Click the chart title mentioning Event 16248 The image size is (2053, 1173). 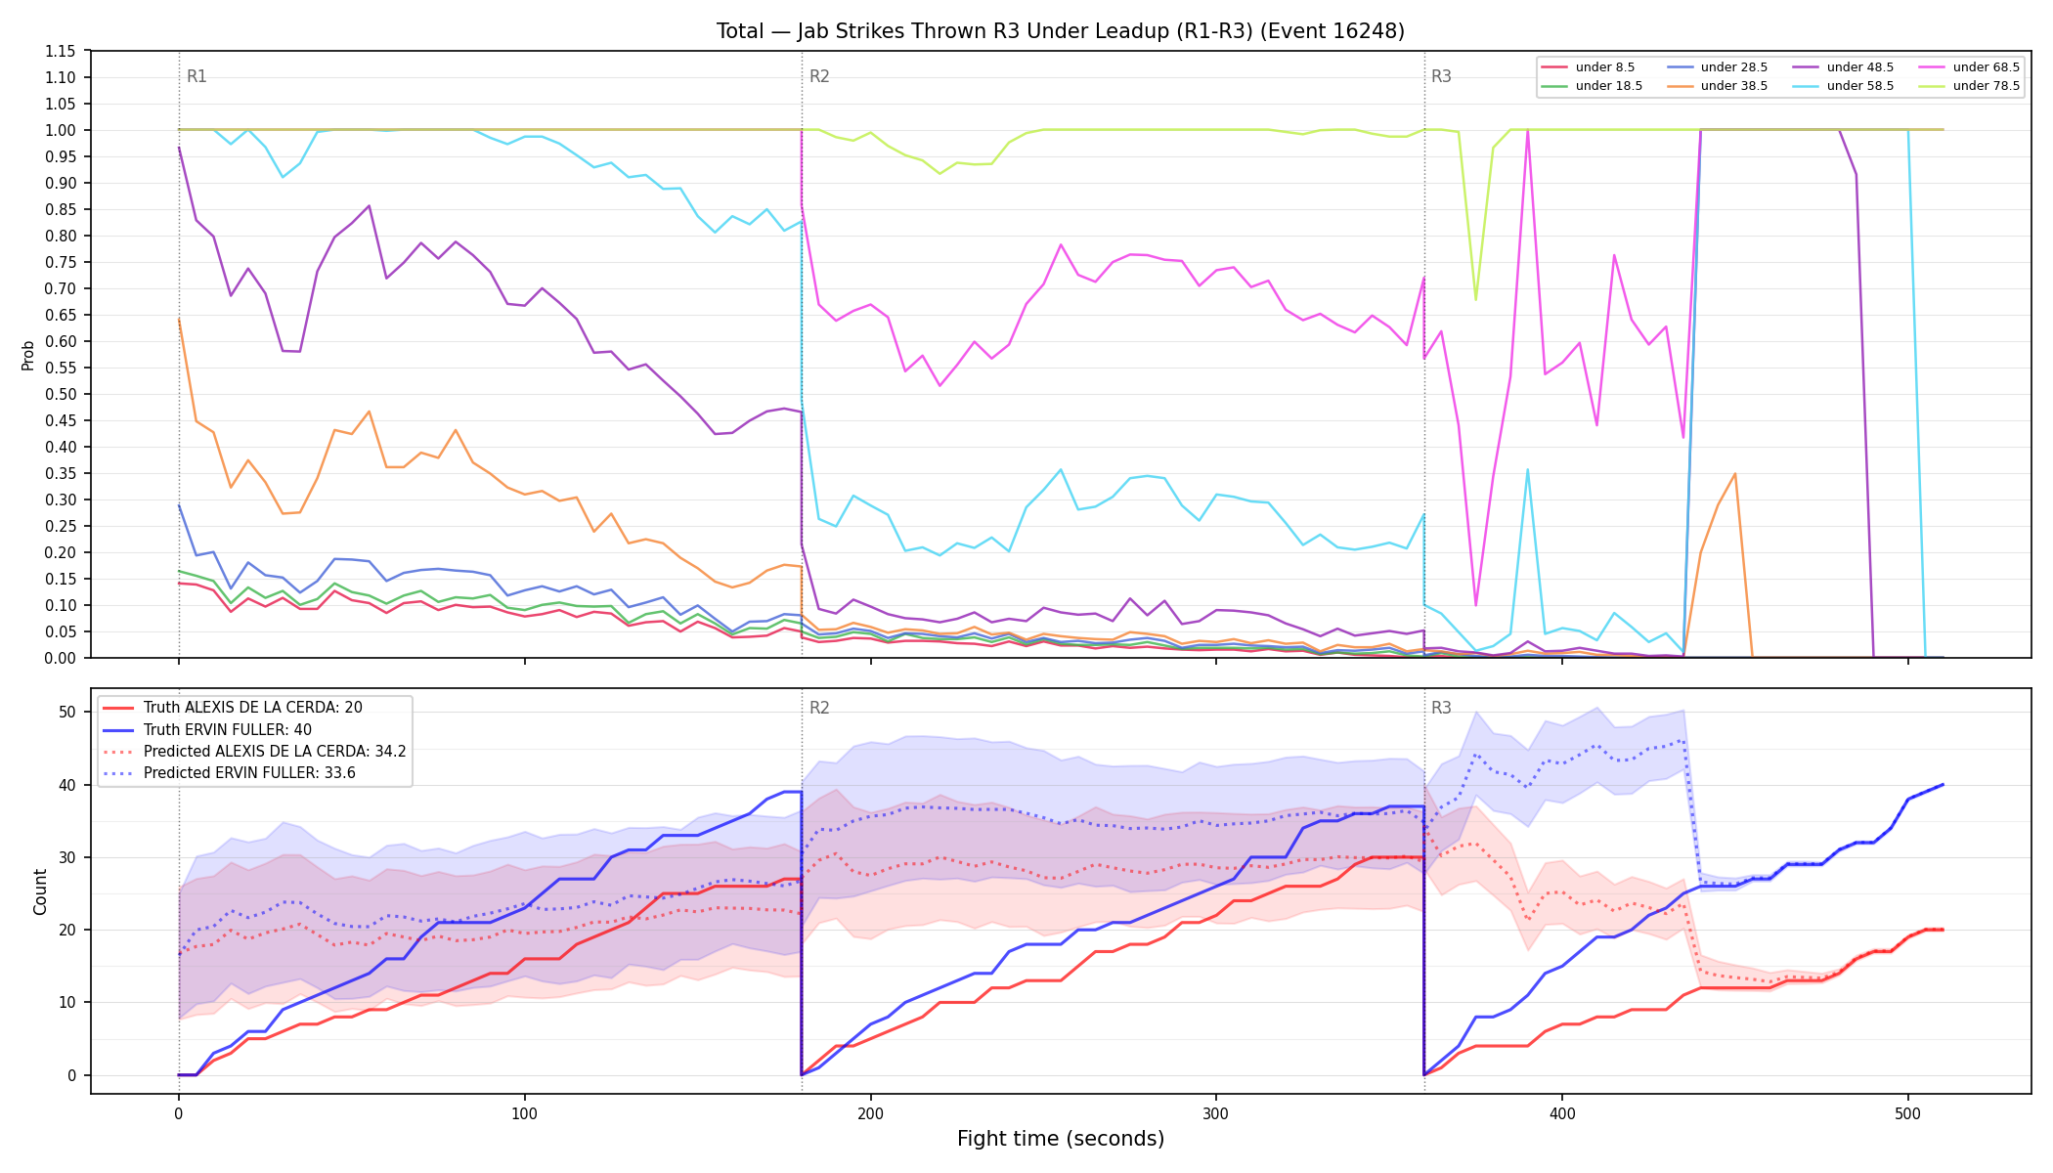coord(1061,31)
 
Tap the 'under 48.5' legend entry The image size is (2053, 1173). coord(1843,67)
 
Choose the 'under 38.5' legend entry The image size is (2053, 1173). coord(1717,86)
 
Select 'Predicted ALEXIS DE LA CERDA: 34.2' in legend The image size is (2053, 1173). coord(254,752)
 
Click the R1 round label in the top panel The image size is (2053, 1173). coord(197,77)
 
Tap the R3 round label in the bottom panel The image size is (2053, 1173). coord(1441,708)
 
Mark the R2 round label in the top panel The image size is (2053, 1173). coord(819,77)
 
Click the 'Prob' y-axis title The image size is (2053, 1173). coord(28,355)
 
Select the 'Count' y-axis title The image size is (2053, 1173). coord(40,891)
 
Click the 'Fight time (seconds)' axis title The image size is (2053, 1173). coord(1061,1139)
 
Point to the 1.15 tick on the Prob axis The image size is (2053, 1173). coord(60,51)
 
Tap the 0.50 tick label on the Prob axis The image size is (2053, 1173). coord(60,394)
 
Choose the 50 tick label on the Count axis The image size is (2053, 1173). coord(66,712)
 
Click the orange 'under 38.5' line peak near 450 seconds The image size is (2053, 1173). coord(1734,474)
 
